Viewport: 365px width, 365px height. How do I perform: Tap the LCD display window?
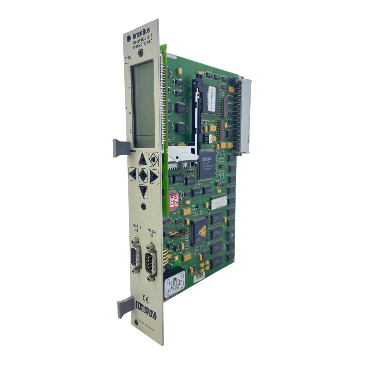point(143,103)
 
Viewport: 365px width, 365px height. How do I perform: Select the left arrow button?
point(133,175)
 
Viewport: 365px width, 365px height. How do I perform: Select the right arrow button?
point(153,176)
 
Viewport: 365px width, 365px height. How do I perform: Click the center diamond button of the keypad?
point(143,175)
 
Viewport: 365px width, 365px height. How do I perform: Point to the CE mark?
point(145,299)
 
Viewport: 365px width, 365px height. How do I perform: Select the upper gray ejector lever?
point(121,148)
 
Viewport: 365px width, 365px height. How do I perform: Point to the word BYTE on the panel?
point(127,58)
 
